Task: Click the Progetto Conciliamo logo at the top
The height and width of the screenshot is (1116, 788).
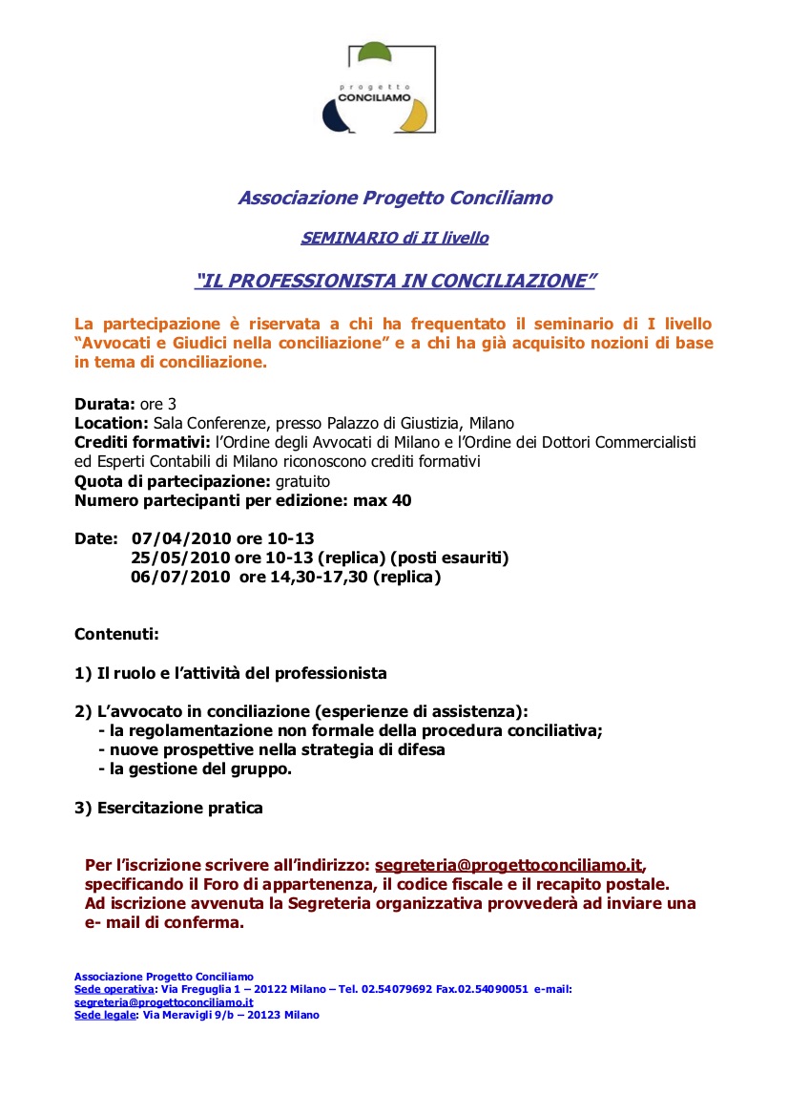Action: click(x=379, y=90)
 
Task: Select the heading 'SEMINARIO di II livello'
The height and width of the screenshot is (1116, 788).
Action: click(x=394, y=238)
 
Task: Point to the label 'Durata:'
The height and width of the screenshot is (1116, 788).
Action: click(x=104, y=404)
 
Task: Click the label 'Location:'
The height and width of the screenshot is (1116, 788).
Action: click(x=111, y=423)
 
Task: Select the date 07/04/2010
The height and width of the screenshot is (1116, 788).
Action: click(x=181, y=538)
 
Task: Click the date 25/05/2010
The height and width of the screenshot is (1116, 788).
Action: click(x=180, y=558)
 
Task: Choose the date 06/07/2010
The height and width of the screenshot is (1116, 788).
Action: click(x=180, y=577)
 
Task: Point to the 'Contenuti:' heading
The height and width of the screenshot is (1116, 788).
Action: click(x=116, y=634)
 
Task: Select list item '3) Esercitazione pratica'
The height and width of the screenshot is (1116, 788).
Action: click(x=169, y=808)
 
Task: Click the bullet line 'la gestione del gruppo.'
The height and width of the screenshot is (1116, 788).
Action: click(x=199, y=769)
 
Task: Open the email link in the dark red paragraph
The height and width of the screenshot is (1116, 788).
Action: click(x=508, y=865)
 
